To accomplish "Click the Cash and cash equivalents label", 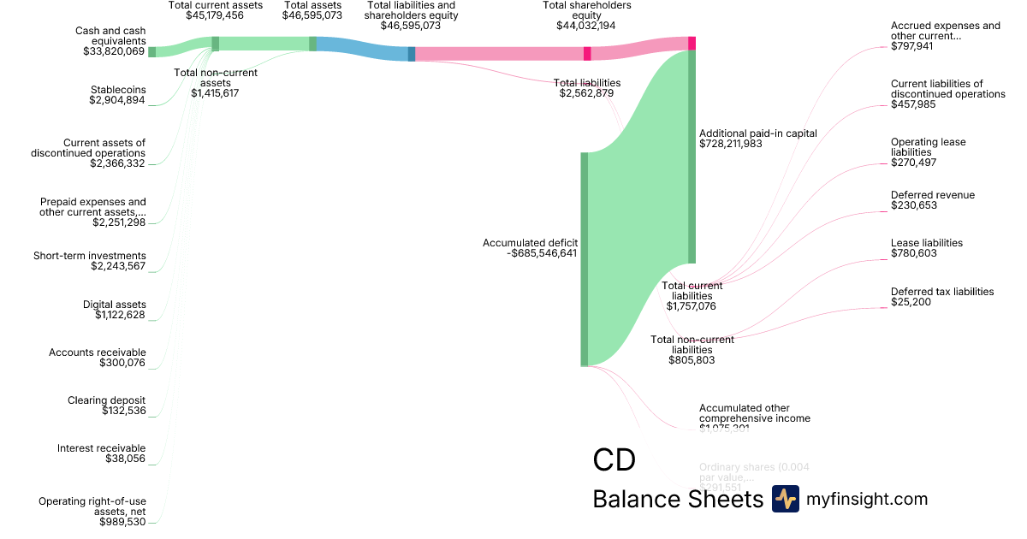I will tap(110, 36).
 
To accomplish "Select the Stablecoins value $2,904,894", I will tap(117, 101).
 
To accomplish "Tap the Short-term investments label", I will tap(90, 256).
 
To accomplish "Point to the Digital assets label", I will tap(115, 305).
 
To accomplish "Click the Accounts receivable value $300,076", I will tap(121, 364).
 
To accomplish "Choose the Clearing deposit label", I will tap(107, 400).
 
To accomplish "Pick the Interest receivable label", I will tap(102, 448).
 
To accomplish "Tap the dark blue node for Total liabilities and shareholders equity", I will tap(412, 54).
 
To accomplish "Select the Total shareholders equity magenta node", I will tap(587, 54).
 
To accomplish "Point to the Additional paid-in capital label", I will tap(758, 133).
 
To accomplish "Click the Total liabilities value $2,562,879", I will tap(586, 93).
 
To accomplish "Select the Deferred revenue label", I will tap(933, 195).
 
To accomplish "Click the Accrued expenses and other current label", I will tap(945, 31).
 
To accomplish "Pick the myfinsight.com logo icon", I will tap(785, 499).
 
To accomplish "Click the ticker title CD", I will tap(614, 460).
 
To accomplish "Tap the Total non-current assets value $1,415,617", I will tap(215, 93).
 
